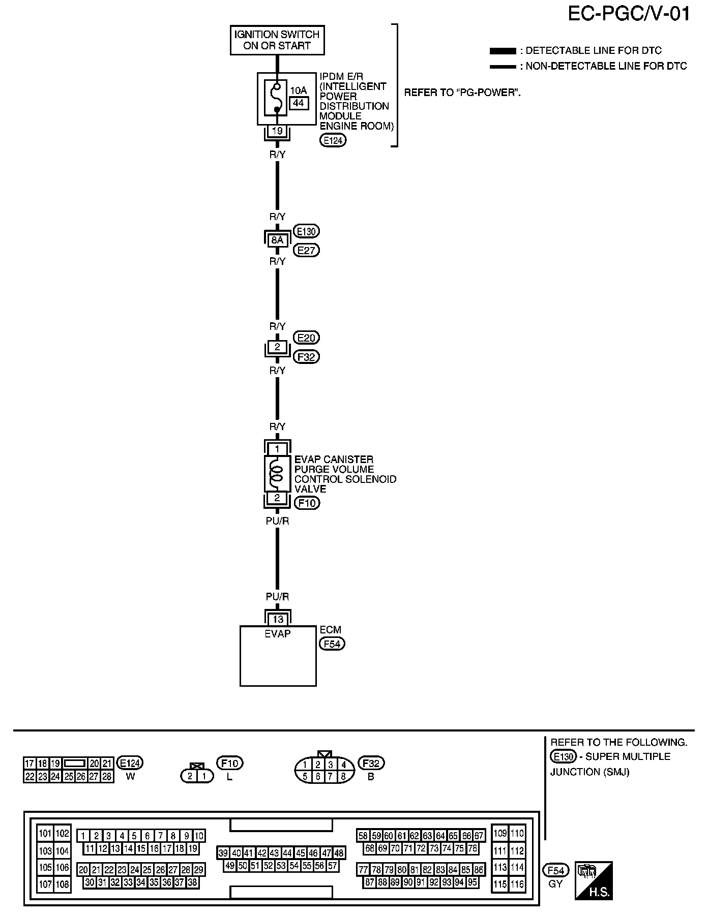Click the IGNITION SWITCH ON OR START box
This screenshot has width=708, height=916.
coord(277,40)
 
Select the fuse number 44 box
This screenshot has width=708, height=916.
coord(299,103)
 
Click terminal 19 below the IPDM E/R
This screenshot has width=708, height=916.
coord(277,131)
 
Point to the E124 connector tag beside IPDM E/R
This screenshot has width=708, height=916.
coord(333,140)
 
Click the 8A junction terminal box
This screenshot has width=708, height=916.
coord(277,240)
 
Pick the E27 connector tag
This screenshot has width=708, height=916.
coord(307,250)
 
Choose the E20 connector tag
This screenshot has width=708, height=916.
coord(307,338)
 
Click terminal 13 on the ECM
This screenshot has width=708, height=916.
coord(278,619)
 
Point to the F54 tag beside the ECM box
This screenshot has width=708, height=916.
coord(332,644)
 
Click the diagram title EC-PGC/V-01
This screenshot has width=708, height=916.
coord(629,14)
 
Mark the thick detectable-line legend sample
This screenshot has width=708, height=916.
coord(503,51)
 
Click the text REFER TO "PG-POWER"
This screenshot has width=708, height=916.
coord(462,93)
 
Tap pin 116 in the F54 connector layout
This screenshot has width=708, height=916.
coord(517,884)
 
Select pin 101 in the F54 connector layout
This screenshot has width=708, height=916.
coord(46,833)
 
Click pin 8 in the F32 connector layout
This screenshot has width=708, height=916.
coord(343,776)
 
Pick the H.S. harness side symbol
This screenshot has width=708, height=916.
coord(594,880)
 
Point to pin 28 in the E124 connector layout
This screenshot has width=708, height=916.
coord(107,777)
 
